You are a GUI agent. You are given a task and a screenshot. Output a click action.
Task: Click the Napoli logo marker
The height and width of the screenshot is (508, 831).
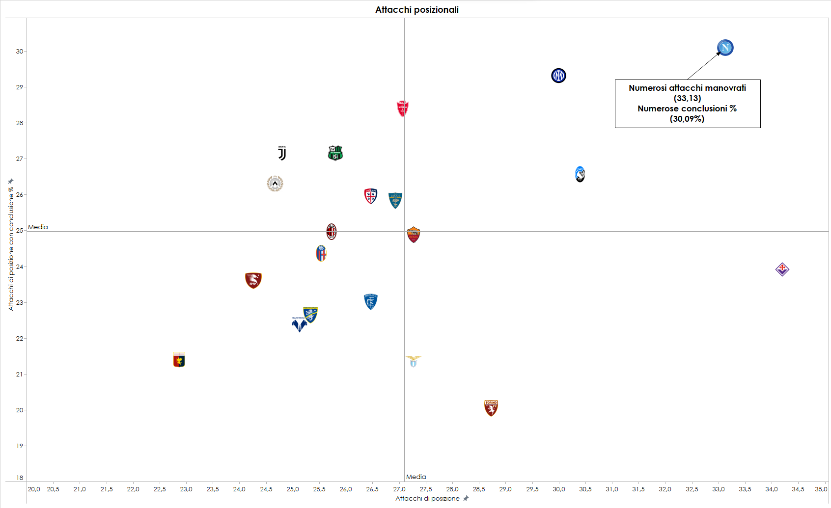coord(725,48)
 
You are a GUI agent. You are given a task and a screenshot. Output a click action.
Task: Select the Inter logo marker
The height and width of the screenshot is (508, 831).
coord(558,76)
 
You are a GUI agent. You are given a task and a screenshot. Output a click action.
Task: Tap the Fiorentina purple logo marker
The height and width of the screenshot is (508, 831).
coord(782,269)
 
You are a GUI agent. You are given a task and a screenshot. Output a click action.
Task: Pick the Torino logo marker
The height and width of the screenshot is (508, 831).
coord(491,408)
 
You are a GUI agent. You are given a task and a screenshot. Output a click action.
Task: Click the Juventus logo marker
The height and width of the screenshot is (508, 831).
coord(282,153)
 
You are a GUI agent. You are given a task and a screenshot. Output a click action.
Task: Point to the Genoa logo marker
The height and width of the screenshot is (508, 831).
coord(179,360)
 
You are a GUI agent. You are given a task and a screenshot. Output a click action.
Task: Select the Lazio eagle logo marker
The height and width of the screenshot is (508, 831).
coord(413,361)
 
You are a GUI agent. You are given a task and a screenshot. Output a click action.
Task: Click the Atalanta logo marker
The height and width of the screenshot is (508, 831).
coord(580,174)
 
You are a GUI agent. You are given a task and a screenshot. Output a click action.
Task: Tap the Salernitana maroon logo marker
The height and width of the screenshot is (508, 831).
coord(253,280)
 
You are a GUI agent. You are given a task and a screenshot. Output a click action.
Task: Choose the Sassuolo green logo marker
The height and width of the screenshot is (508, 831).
coord(335,153)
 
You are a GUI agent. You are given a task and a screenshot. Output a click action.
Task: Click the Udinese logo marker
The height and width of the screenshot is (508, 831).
coord(275,184)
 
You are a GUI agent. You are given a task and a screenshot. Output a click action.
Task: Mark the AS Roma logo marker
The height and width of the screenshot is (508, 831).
coord(414,235)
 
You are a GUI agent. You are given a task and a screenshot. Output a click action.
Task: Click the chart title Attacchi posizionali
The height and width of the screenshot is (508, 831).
coord(416,10)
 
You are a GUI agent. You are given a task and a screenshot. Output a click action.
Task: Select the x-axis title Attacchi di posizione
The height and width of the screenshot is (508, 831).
coord(427,498)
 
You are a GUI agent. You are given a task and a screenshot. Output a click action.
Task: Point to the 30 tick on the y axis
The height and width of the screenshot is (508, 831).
coord(20,51)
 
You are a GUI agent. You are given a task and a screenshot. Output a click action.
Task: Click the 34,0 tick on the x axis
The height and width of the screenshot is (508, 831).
coord(771,489)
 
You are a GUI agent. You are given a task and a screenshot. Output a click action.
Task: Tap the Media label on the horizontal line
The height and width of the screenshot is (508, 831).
coord(38,227)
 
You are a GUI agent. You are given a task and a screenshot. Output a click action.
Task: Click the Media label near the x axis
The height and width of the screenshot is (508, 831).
coord(416,477)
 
